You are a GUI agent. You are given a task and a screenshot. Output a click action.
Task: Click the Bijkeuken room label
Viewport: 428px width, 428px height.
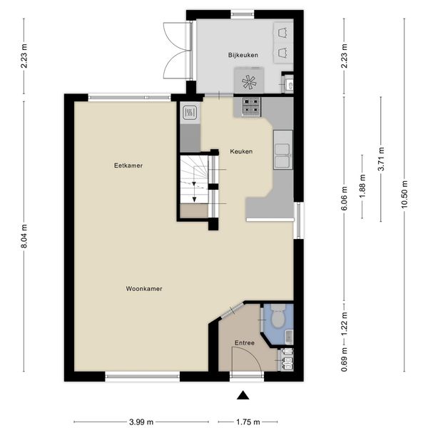[243, 55]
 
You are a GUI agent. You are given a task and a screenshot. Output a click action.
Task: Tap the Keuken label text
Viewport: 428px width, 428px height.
[241, 151]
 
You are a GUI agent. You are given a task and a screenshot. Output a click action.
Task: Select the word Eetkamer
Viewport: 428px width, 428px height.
[128, 165]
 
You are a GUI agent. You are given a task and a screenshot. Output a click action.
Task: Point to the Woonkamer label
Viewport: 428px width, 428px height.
[144, 289]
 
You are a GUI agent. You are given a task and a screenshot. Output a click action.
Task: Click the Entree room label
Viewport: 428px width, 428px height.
[245, 343]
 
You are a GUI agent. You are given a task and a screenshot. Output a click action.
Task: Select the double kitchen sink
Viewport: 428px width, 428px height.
[282, 156]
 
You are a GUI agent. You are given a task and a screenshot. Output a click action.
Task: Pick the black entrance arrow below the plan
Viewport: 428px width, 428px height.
[243, 395]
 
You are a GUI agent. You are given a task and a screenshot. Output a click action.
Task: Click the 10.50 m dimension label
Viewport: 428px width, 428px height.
[404, 194]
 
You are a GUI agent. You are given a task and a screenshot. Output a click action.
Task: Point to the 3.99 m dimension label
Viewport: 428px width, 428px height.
[141, 422]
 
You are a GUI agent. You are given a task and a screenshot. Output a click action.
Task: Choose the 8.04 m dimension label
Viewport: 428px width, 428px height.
[24, 236]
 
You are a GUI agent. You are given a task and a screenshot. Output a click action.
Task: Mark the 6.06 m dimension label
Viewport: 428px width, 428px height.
[345, 198]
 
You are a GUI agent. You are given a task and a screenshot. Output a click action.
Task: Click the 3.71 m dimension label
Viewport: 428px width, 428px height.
[381, 159]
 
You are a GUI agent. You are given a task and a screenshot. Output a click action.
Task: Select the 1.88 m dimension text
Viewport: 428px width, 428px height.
[362, 186]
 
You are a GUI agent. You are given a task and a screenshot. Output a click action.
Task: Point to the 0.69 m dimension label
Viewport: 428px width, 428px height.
[345, 360]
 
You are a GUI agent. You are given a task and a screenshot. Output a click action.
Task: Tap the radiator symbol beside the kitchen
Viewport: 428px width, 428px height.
[190, 113]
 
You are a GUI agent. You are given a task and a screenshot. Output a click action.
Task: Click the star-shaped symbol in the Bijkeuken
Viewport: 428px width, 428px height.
[249, 82]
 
